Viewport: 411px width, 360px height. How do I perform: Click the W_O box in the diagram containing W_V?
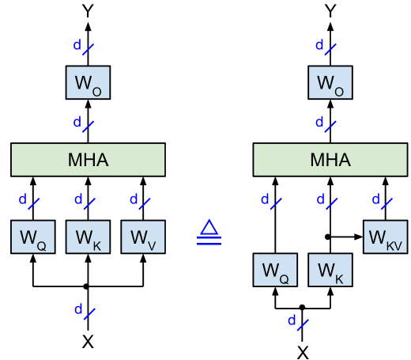[88, 82]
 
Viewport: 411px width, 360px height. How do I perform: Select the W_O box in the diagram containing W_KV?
[330, 82]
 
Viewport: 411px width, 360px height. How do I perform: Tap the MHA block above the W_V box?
[88, 160]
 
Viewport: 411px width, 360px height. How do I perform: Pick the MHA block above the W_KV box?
[330, 160]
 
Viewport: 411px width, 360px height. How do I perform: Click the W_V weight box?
[143, 237]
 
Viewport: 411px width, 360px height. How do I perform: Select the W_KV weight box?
[385, 237]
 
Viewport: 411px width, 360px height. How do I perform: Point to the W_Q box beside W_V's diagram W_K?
[32, 237]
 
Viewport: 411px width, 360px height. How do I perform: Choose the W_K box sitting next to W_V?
[88, 237]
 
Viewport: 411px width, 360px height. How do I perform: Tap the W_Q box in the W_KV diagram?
[274, 270]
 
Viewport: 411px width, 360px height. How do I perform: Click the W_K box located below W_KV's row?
[330, 270]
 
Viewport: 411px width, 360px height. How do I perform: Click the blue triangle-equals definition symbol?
[209, 232]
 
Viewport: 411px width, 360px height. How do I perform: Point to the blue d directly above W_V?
[134, 199]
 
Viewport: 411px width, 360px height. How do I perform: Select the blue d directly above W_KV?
[376, 199]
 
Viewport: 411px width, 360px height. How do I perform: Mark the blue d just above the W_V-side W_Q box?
[23, 199]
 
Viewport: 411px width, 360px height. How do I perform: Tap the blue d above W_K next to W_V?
[78, 199]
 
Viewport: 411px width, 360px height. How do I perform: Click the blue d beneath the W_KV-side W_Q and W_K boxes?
[292, 321]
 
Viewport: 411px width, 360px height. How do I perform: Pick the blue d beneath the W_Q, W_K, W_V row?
[78, 309]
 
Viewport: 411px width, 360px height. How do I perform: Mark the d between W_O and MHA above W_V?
[77, 123]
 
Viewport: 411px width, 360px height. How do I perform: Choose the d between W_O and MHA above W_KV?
[319, 123]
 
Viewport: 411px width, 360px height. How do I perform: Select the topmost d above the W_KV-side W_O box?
[319, 46]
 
